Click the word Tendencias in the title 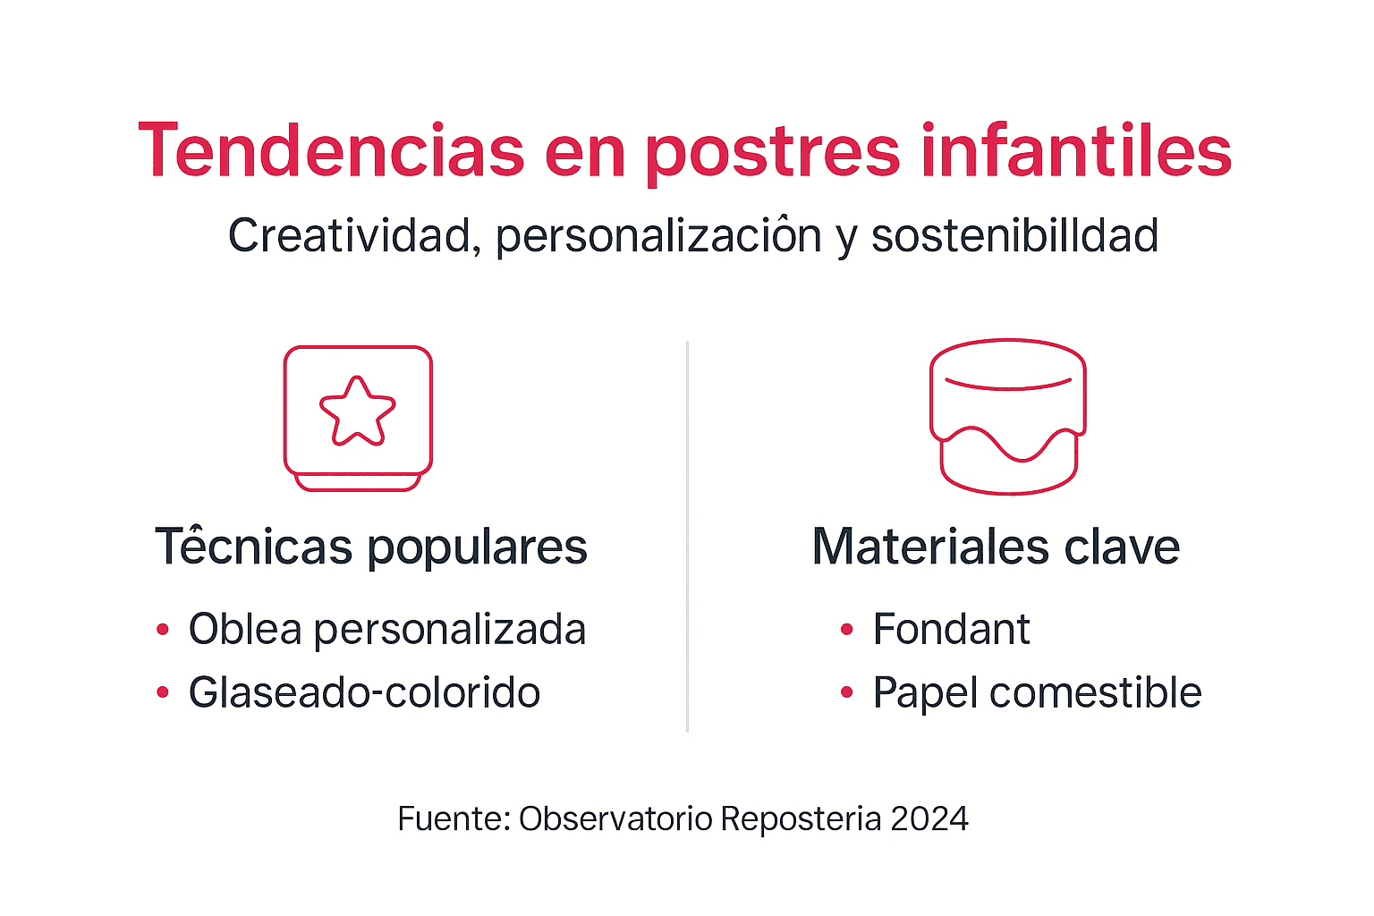(331, 150)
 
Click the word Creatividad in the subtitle (350, 236)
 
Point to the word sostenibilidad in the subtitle (1014, 236)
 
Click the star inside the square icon (358, 411)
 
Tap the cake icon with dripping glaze (1008, 416)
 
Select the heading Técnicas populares (371, 547)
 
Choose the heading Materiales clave (996, 547)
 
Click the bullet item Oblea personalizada (386, 630)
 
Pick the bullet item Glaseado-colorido (364, 693)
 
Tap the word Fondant (951, 630)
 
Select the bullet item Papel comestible (1037, 693)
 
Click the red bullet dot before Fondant (847, 630)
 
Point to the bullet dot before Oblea (163, 630)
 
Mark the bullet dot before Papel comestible (847, 692)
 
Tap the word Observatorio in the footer (615, 819)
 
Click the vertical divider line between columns (687, 537)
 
